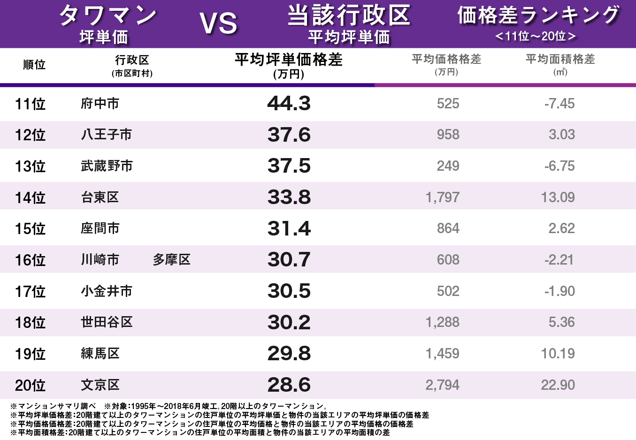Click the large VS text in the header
click(x=218, y=23)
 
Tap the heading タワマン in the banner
click(x=107, y=15)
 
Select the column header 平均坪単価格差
click(x=288, y=60)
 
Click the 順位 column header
click(x=34, y=64)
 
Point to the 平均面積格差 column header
click(x=560, y=59)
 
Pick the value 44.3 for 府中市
click(x=289, y=103)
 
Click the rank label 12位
click(x=30, y=135)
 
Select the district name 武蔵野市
click(x=107, y=166)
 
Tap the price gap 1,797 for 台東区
click(x=442, y=197)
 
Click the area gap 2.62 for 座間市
click(x=561, y=228)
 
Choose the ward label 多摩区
click(x=171, y=259)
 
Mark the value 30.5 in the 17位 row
click(x=289, y=291)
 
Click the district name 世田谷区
click(x=107, y=322)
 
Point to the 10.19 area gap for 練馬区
click(x=558, y=354)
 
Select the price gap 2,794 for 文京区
click(x=442, y=385)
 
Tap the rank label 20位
click(x=30, y=385)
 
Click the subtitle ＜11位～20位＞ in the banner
click(x=536, y=36)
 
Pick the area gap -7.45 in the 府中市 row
click(x=559, y=103)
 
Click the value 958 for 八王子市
click(x=448, y=135)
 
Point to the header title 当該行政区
click(x=349, y=15)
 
